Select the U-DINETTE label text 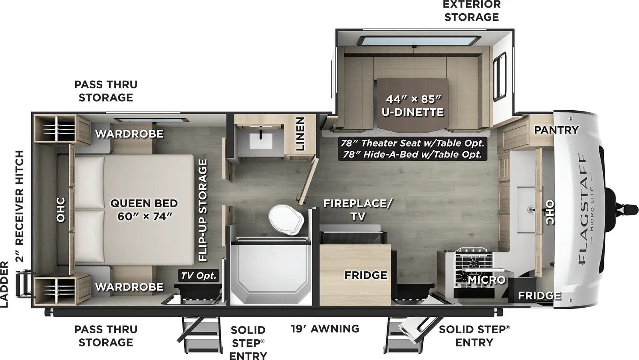tap(413, 112)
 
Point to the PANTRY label tap(556, 130)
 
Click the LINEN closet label tap(300, 134)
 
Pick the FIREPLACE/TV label tap(357, 209)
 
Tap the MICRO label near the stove tap(486, 280)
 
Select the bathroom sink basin tap(261, 141)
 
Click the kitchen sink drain tap(531, 209)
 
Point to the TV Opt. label tap(198, 275)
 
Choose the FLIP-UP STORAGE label tap(203, 210)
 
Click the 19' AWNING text tap(325, 328)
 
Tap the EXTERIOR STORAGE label tap(472, 11)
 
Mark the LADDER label tap(4, 284)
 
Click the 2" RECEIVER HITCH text tap(20, 206)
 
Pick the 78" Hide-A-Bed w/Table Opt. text tap(413, 154)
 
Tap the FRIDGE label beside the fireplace tap(365, 275)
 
